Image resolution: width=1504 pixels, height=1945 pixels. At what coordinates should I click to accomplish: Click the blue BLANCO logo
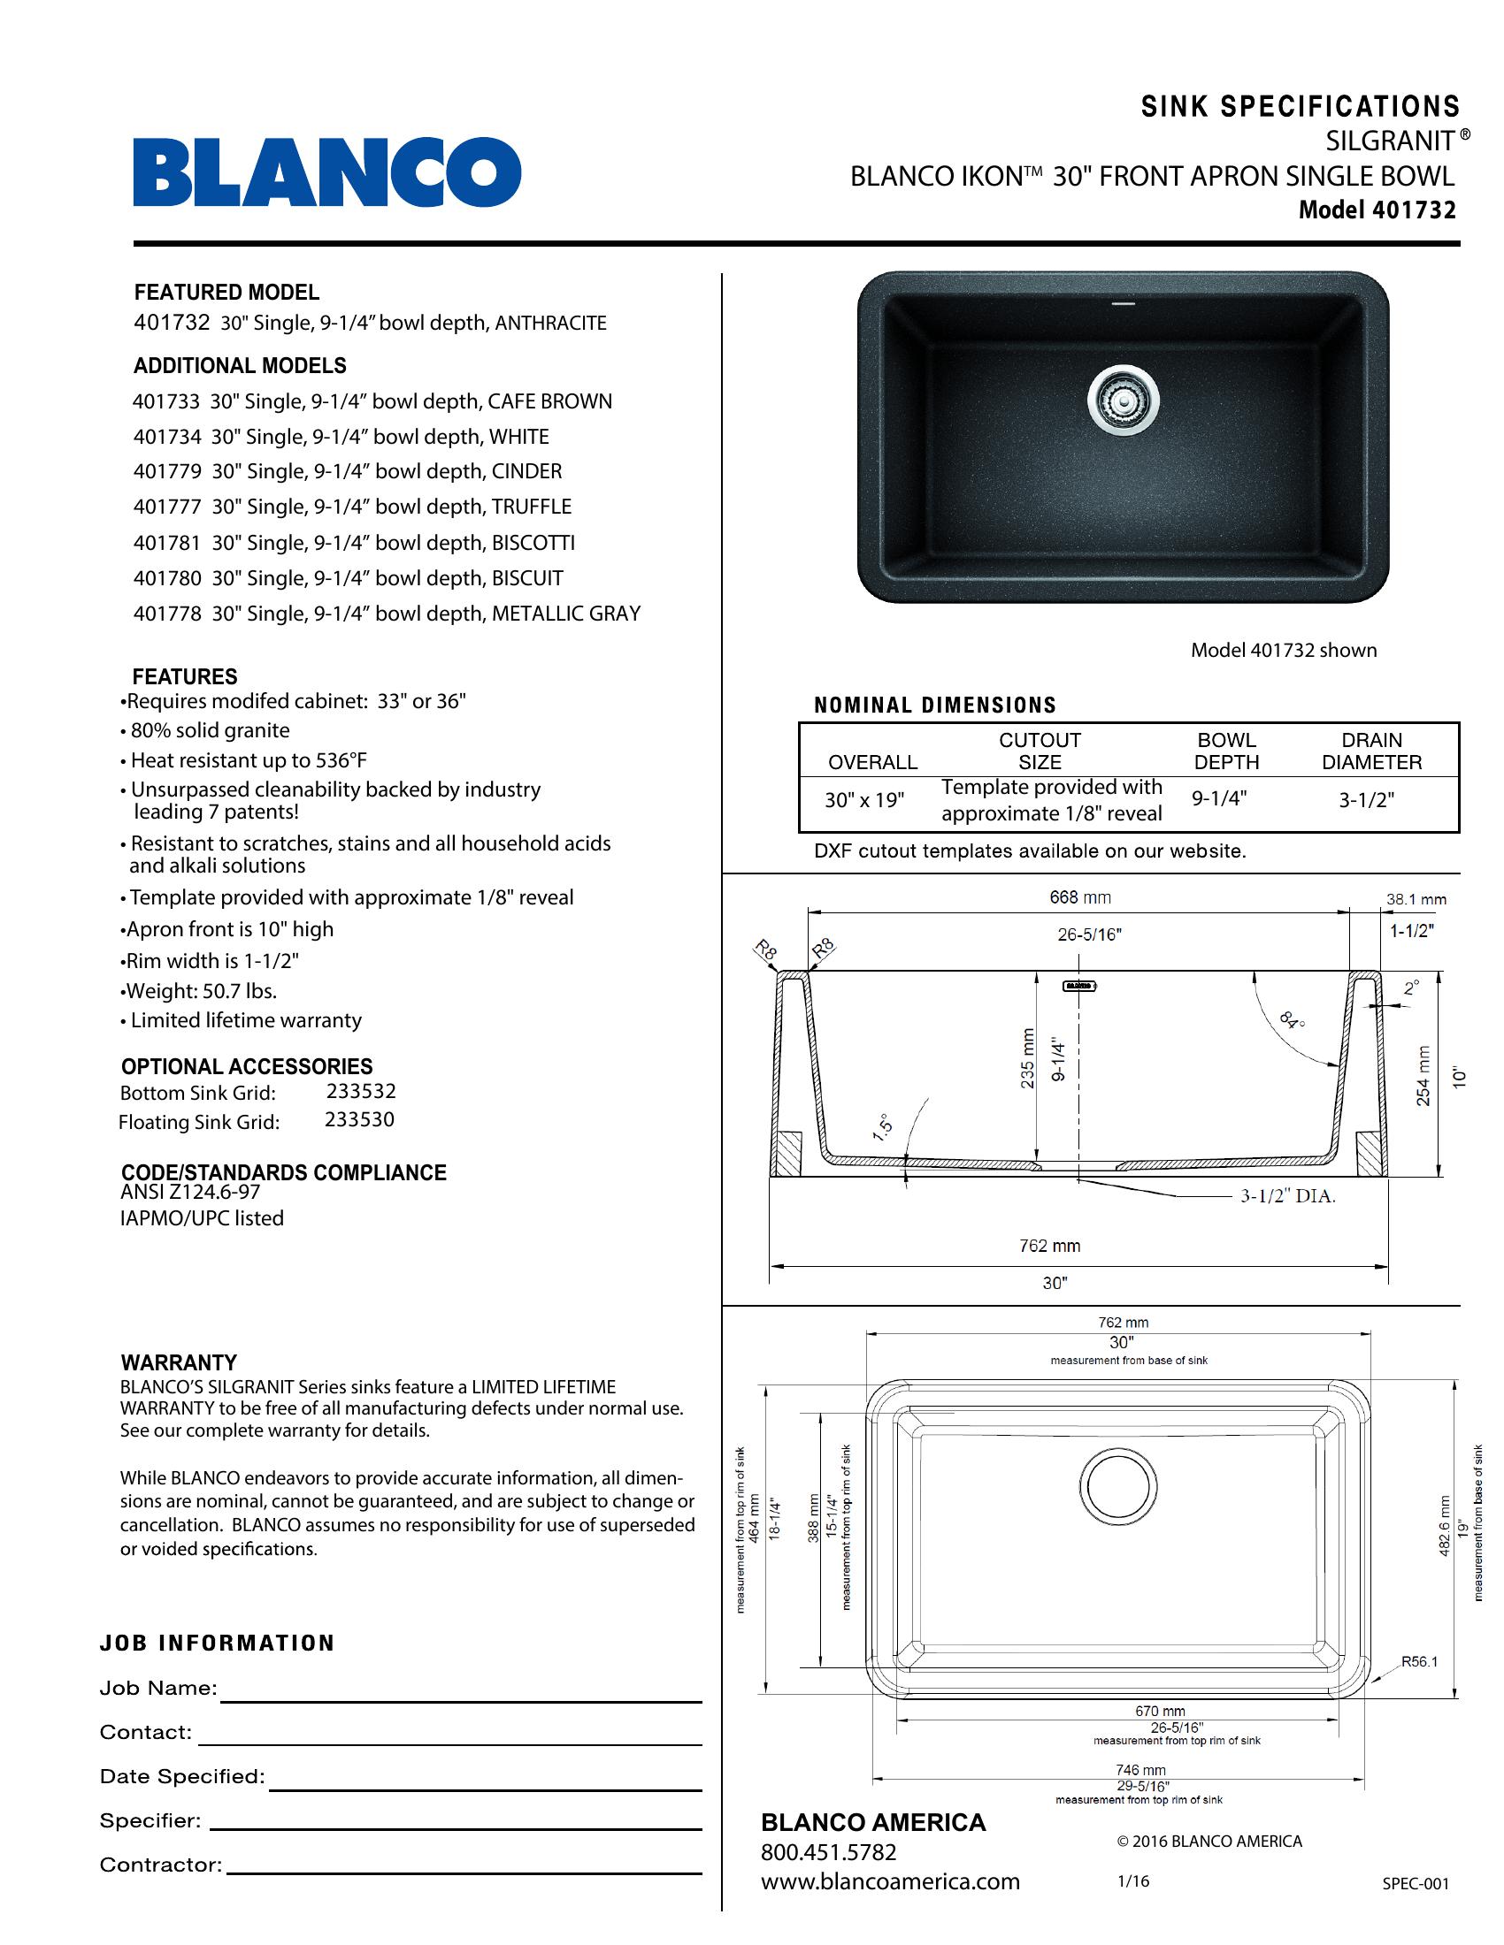point(327,172)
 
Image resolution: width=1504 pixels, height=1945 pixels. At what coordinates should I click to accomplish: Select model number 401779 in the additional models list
point(167,471)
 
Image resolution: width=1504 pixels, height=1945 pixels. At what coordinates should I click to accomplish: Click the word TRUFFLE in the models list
point(531,507)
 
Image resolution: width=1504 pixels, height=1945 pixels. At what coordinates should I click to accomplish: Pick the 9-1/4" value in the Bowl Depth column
point(1219,799)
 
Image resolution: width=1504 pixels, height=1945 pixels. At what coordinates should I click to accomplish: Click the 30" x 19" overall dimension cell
point(863,800)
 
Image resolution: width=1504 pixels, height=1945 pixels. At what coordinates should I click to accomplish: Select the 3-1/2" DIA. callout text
point(1287,1196)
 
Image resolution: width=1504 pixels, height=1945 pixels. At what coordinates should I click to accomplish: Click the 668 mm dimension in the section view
point(1080,897)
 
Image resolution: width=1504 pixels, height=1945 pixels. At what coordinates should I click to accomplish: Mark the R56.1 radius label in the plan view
point(1419,1661)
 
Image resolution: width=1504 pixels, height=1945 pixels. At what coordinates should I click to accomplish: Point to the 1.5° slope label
point(882,1127)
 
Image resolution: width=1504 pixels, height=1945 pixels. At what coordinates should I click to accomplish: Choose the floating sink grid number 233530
point(359,1119)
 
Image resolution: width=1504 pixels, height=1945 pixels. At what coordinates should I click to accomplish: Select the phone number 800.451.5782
point(828,1852)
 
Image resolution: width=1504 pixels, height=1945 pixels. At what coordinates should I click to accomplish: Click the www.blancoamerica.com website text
point(889,1881)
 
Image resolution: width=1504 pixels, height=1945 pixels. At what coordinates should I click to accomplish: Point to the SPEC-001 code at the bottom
point(1415,1883)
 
